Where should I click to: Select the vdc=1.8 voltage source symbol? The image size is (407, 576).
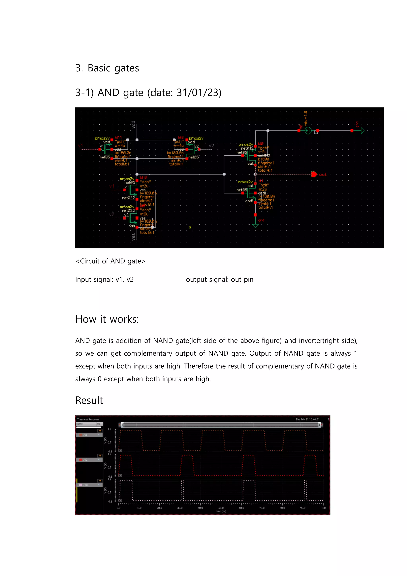coord(308,131)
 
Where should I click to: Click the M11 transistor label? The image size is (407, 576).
coord(118,137)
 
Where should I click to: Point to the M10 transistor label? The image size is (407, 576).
coord(144,178)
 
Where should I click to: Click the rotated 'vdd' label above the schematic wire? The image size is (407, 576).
coord(133,125)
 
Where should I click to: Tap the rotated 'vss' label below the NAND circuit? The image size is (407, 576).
coord(134,236)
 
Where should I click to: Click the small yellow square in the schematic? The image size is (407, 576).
coord(190,228)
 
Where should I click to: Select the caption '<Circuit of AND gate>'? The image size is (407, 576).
coord(110,261)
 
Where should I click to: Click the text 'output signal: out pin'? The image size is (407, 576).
coord(220,279)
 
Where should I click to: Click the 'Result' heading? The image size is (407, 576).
coord(89,400)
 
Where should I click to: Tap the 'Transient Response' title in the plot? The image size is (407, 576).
coord(88,419)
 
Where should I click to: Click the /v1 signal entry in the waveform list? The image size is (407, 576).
coord(85,435)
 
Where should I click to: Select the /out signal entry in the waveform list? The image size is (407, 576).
coord(86,485)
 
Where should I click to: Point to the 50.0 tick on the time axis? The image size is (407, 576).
coord(221,508)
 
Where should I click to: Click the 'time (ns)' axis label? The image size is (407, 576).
coord(221,511)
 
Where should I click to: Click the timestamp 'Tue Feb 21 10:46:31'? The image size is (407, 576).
coord(307,419)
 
